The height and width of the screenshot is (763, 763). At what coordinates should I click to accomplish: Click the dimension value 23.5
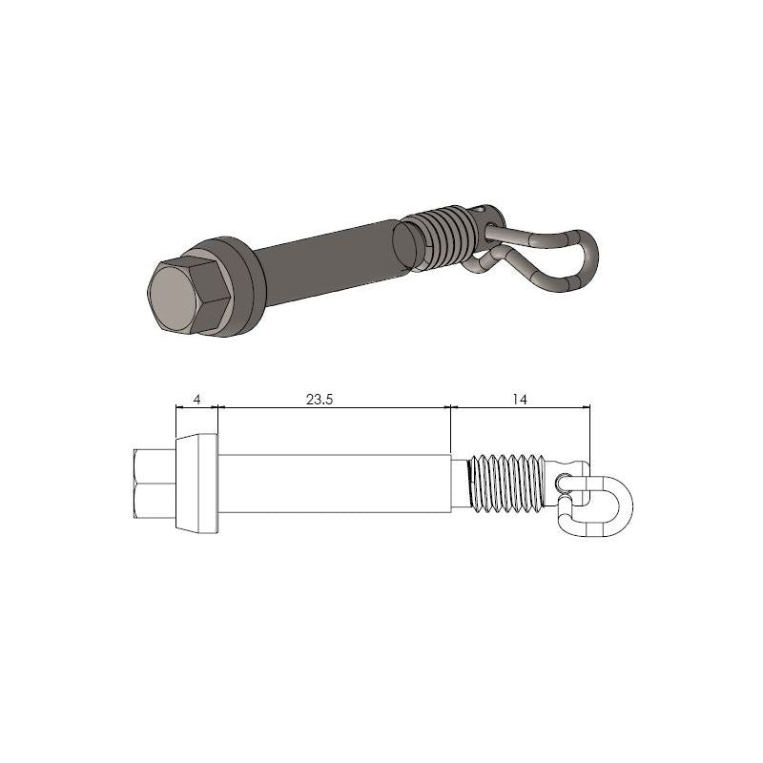[x=319, y=401]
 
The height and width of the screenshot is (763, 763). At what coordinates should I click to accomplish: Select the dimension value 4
[x=196, y=401]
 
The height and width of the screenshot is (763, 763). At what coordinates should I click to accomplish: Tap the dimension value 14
[x=520, y=401]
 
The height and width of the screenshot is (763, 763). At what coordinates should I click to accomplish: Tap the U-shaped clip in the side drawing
[x=601, y=503]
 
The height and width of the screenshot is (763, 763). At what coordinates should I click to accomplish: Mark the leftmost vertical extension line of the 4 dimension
[x=175, y=424]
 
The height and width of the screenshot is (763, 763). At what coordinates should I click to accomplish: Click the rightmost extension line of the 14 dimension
[x=590, y=439]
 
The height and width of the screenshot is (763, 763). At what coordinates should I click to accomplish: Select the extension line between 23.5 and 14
[x=450, y=429]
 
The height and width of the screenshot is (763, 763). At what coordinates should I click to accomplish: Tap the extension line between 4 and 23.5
[x=219, y=420]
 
